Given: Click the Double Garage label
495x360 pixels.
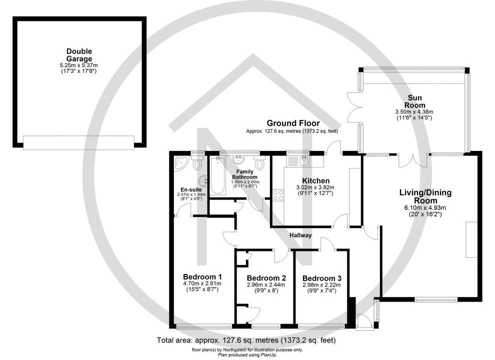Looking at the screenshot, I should pyautogui.click(x=79, y=55).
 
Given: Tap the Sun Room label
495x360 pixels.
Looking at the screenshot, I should pyautogui.click(x=416, y=101).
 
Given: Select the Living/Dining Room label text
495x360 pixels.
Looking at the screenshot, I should pyautogui.click(x=425, y=196).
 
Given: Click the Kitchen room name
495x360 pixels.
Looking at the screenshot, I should pyautogui.click(x=315, y=180).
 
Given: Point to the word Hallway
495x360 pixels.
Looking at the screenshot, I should pyautogui.click(x=300, y=235).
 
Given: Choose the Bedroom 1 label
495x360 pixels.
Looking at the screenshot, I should pyautogui.click(x=202, y=277).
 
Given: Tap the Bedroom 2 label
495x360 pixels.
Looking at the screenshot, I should pyautogui.click(x=266, y=278).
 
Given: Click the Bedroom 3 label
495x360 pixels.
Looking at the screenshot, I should pyautogui.click(x=322, y=278).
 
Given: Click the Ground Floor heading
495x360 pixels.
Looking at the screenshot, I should pyautogui.click(x=293, y=123).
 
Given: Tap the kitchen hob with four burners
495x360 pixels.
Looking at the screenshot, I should pyautogui.click(x=278, y=194).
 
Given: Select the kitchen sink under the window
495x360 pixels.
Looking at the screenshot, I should pyautogui.click(x=302, y=160).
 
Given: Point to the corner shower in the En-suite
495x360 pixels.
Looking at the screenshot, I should pyautogui.click(x=180, y=163).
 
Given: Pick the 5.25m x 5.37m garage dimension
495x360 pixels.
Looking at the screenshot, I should pyautogui.click(x=79, y=65).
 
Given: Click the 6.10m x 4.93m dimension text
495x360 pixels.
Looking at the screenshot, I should pyautogui.click(x=425, y=208).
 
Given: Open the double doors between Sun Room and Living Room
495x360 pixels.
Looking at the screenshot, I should pyautogui.click(x=413, y=160).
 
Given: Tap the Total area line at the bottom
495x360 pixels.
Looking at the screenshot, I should pyautogui.click(x=246, y=340).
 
